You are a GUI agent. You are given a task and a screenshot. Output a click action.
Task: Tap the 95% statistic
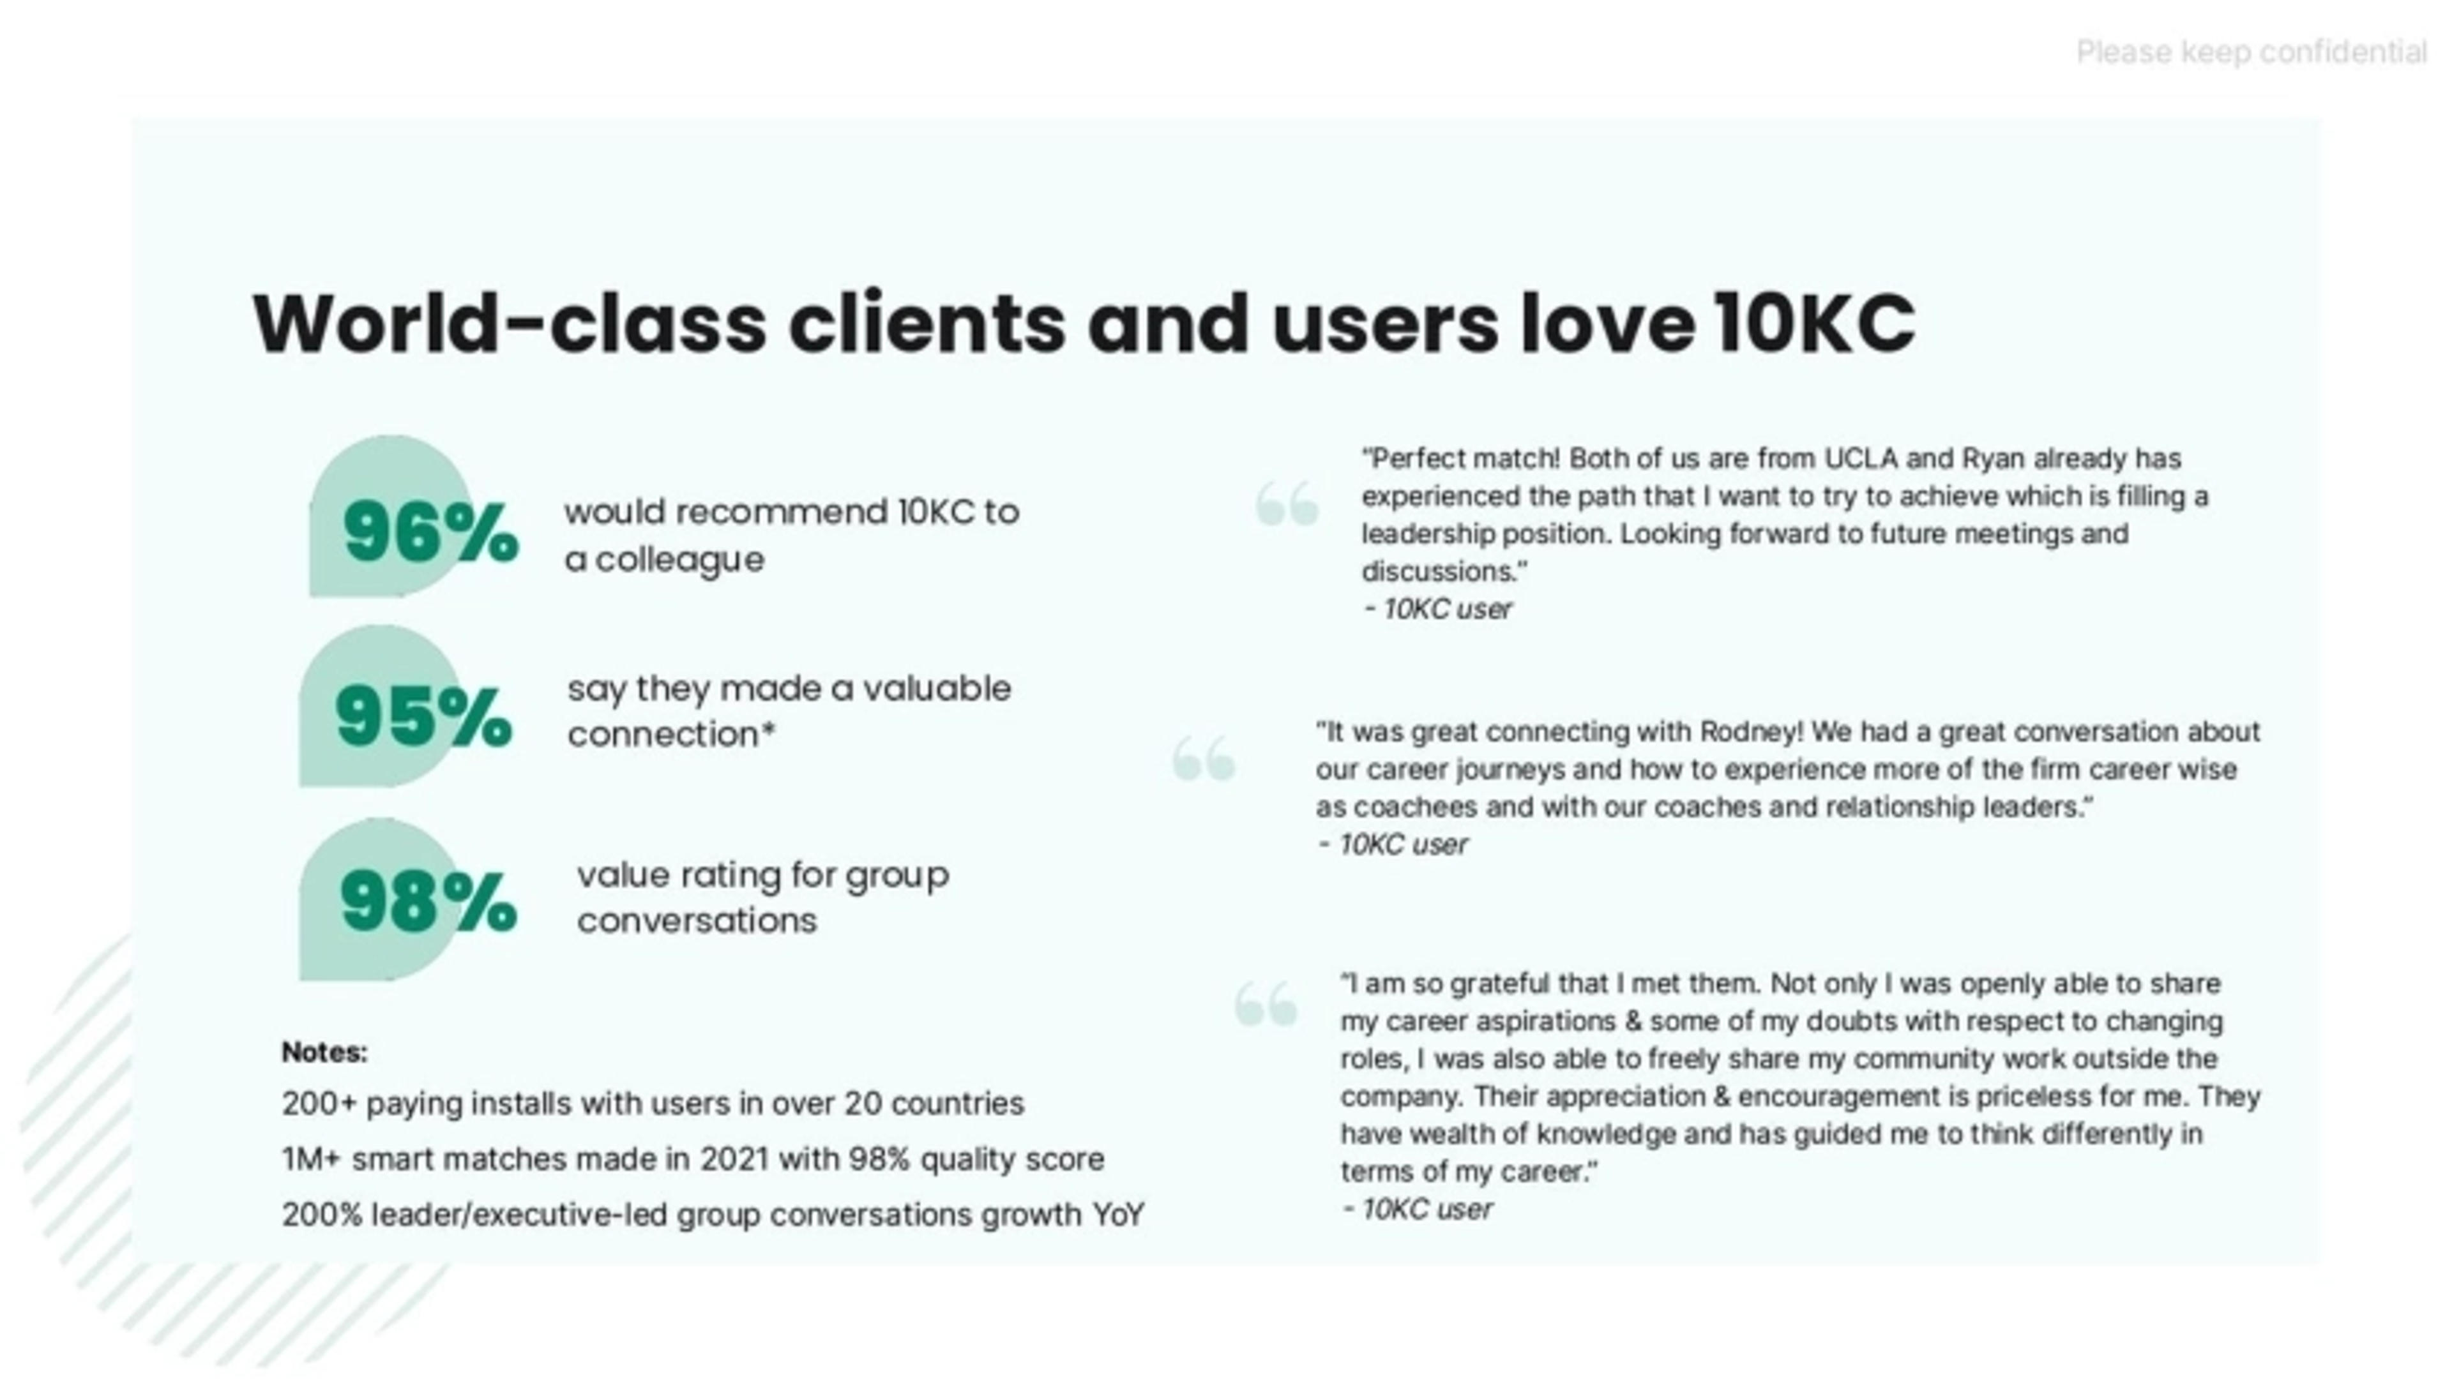click(x=423, y=717)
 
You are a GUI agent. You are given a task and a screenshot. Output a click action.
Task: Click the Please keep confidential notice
click(x=2250, y=52)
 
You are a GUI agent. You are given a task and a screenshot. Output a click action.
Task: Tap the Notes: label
click(x=324, y=1053)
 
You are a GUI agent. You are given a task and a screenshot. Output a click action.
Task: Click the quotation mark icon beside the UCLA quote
click(x=1287, y=504)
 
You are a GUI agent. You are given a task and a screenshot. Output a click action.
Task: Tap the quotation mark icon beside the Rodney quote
click(x=1204, y=758)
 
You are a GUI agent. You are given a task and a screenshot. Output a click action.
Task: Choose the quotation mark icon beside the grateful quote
click(x=1266, y=1004)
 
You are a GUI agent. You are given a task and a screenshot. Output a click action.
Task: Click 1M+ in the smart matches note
click(x=311, y=1159)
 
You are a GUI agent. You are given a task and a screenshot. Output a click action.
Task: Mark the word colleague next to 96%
click(x=679, y=560)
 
